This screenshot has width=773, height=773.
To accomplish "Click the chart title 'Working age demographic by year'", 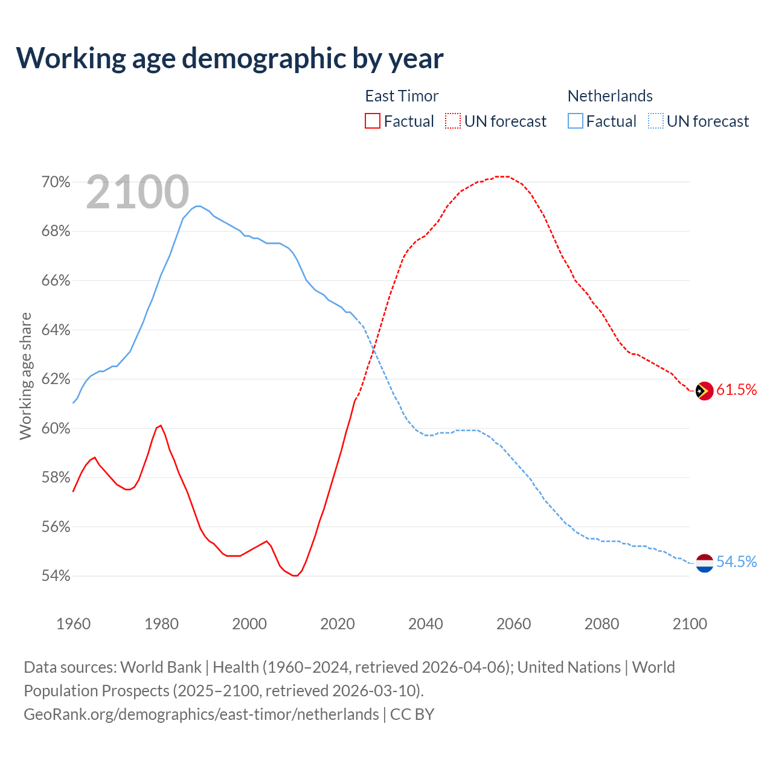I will (x=229, y=59).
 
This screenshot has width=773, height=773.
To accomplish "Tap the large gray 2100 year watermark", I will (x=138, y=192).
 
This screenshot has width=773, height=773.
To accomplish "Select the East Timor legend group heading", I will (x=402, y=96).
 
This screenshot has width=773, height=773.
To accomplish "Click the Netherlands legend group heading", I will (x=610, y=96).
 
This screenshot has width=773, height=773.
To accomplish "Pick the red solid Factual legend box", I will (x=373, y=121).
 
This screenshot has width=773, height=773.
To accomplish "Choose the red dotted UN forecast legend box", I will (x=453, y=121).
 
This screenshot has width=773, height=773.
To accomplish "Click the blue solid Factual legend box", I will (x=576, y=121).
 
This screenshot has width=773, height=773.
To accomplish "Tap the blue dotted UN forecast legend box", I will (x=655, y=121).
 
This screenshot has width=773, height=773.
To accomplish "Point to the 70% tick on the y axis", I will (x=56, y=182).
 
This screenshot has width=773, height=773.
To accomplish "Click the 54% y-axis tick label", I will (x=56, y=576).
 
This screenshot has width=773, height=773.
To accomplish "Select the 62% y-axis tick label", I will (x=56, y=379).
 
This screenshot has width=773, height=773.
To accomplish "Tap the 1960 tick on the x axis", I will (x=73, y=624).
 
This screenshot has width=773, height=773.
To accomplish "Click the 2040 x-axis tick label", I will (x=425, y=624).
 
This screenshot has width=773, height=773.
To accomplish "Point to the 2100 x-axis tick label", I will (x=690, y=624).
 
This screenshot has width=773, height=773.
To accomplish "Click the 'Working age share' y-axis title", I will (x=25, y=376).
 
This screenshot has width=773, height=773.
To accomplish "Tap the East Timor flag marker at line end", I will (x=704, y=391).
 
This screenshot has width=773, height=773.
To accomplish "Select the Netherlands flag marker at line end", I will (x=704, y=563).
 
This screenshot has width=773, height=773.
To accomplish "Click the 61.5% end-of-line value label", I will (x=736, y=390).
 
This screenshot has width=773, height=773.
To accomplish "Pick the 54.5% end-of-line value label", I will (x=736, y=562).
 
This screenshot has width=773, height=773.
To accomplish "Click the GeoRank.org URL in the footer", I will (x=201, y=714).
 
